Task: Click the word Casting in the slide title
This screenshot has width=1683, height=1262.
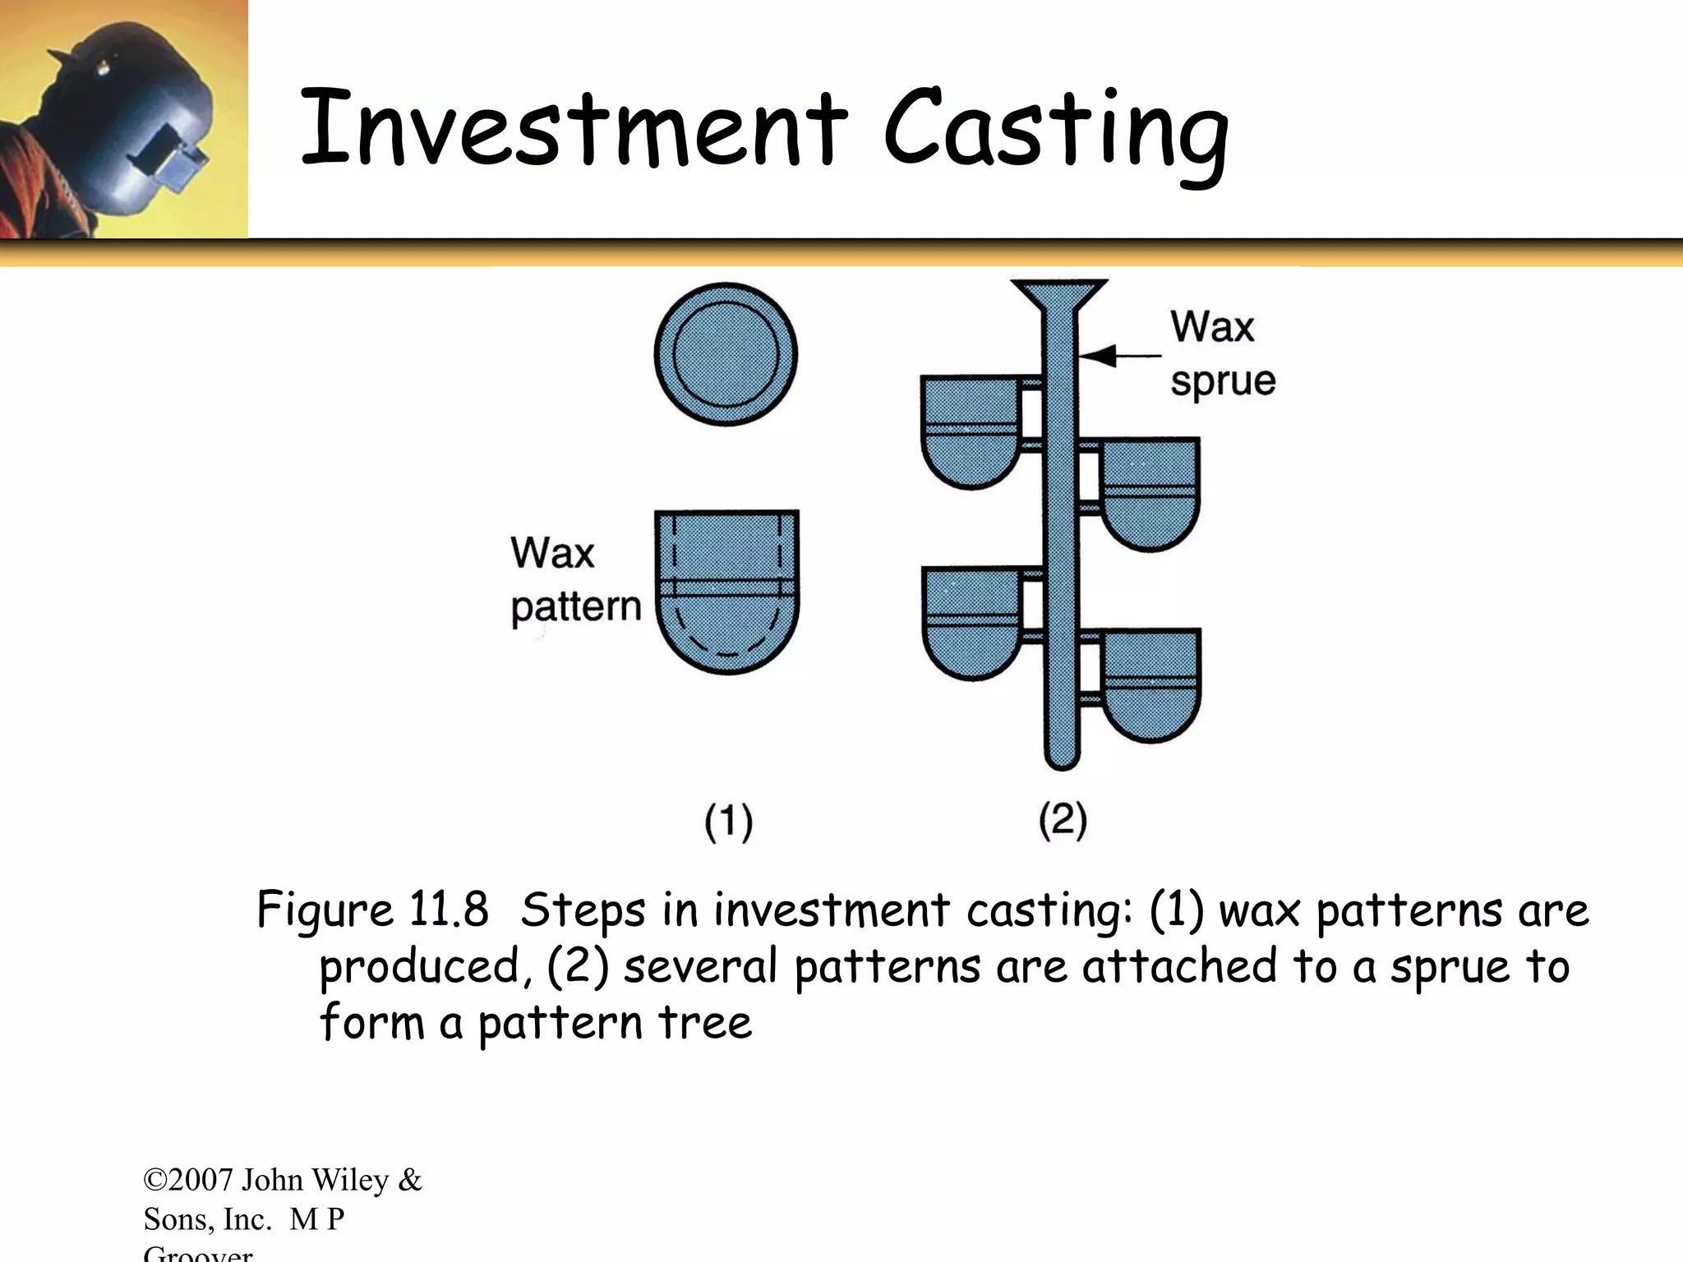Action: point(1055,131)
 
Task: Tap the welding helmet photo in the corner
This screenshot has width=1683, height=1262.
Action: point(123,119)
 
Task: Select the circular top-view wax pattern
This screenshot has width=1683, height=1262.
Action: point(726,354)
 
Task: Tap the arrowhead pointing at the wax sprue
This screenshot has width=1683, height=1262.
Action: point(1097,356)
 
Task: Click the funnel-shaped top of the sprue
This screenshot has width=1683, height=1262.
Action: point(1059,296)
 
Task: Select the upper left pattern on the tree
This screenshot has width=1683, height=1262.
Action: point(970,431)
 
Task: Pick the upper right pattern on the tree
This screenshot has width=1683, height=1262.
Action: point(1150,492)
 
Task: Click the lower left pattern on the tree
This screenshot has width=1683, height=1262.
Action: point(970,621)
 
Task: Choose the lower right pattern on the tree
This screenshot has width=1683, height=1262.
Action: point(1150,684)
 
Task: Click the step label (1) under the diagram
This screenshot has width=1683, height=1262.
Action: point(728,822)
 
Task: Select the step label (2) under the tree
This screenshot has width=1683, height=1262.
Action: point(1063,820)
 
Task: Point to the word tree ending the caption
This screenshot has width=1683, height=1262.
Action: point(704,1023)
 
